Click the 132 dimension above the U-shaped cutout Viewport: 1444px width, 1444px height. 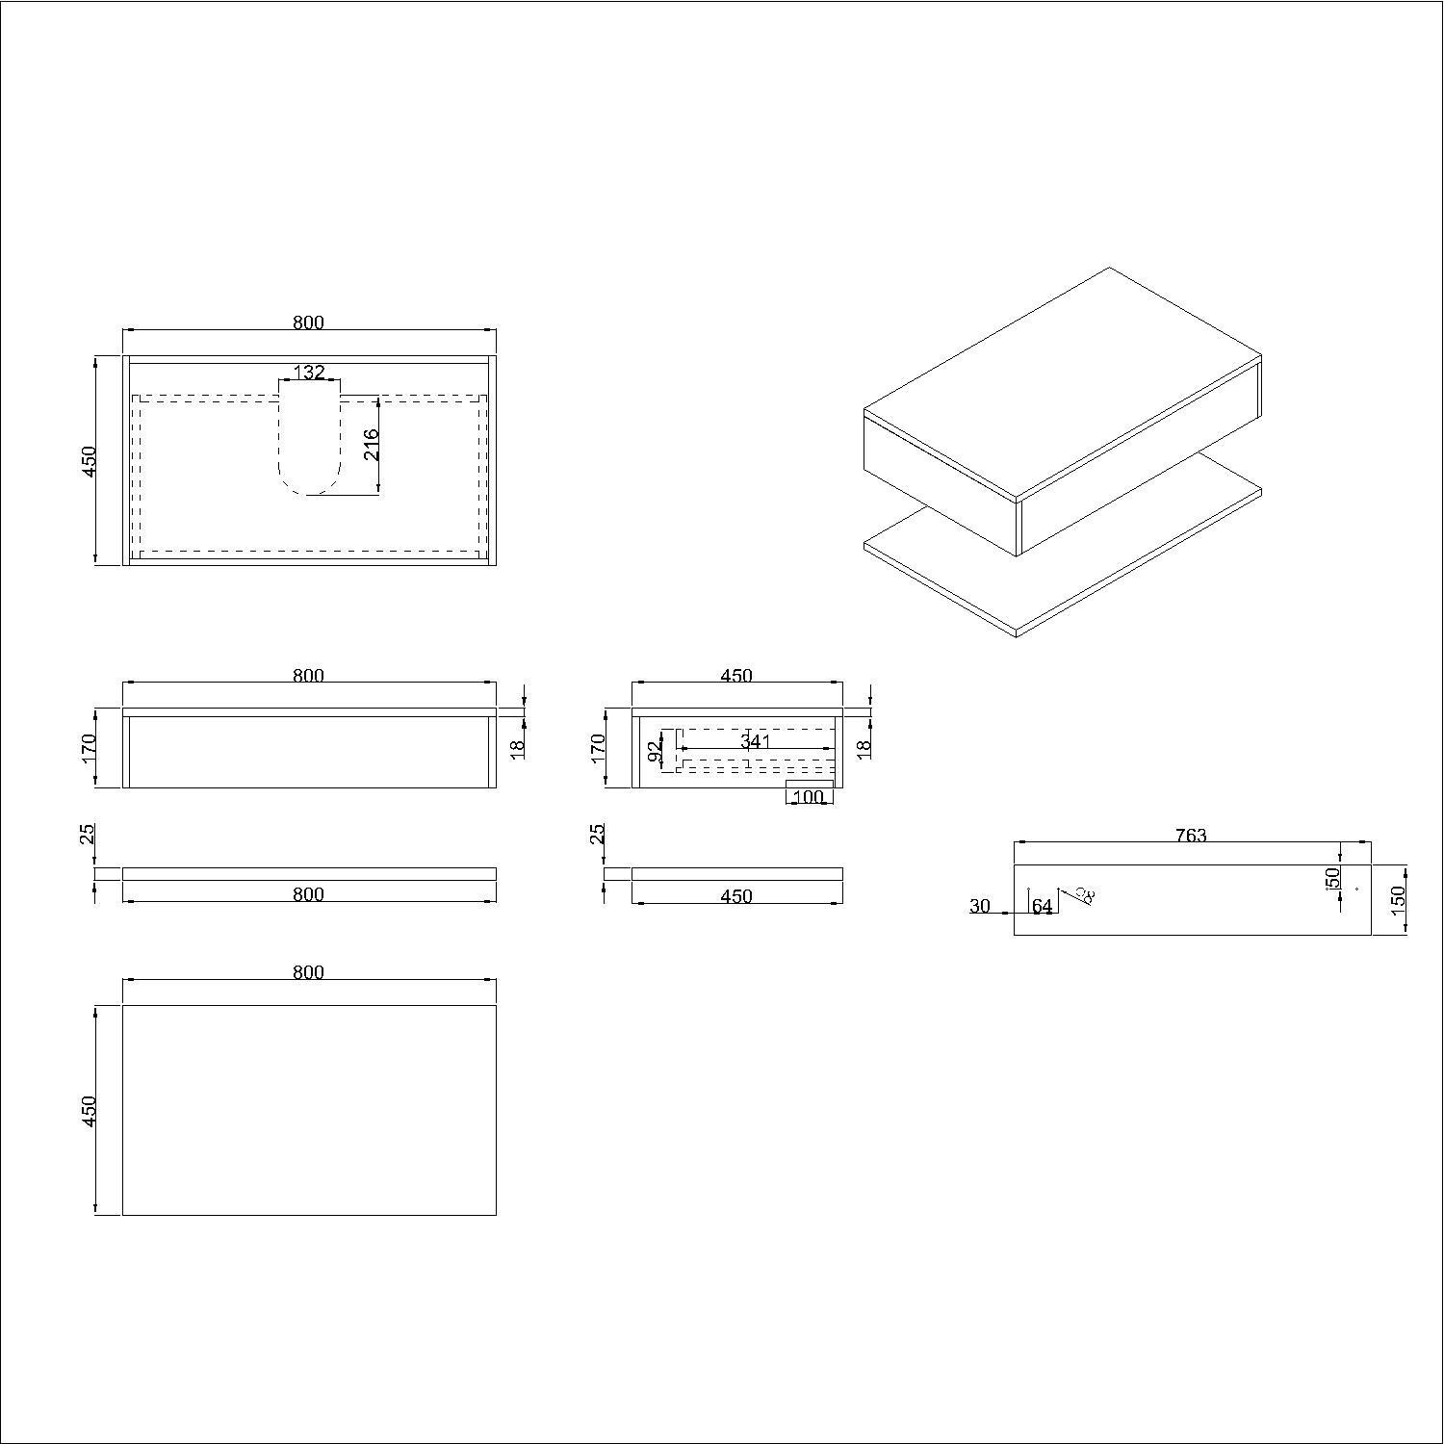pyautogui.click(x=309, y=372)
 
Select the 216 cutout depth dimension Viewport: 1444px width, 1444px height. pyautogui.click(x=372, y=444)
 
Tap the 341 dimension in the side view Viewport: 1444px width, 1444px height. pyautogui.click(x=756, y=741)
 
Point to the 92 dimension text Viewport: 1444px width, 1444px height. pyautogui.click(x=656, y=751)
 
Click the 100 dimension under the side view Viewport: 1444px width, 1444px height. pyautogui.click(x=809, y=797)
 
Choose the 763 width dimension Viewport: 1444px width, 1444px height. pyautogui.click(x=1191, y=836)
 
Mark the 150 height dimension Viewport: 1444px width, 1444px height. pyautogui.click(x=1399, y=898)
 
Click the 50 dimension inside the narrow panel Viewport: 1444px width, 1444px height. pyautogui.click(x=1332, y=878)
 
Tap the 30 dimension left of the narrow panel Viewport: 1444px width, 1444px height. pyautogui.click(x=980, y=906)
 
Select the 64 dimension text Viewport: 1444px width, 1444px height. pyautogui.click(x=1042, y=907)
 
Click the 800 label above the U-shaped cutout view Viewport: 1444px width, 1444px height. pyautogui.click(x=308, y=322)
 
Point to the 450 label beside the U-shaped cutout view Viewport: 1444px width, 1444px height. pyautogui.click(x=89, y=460)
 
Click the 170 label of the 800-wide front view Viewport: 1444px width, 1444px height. pyautogui.click(x=89, y=748)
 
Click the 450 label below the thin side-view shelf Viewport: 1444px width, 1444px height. pyautogui.click(x=736, y=896)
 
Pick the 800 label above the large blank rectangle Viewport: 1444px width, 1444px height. pyautogui.click(x=308, y=972)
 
